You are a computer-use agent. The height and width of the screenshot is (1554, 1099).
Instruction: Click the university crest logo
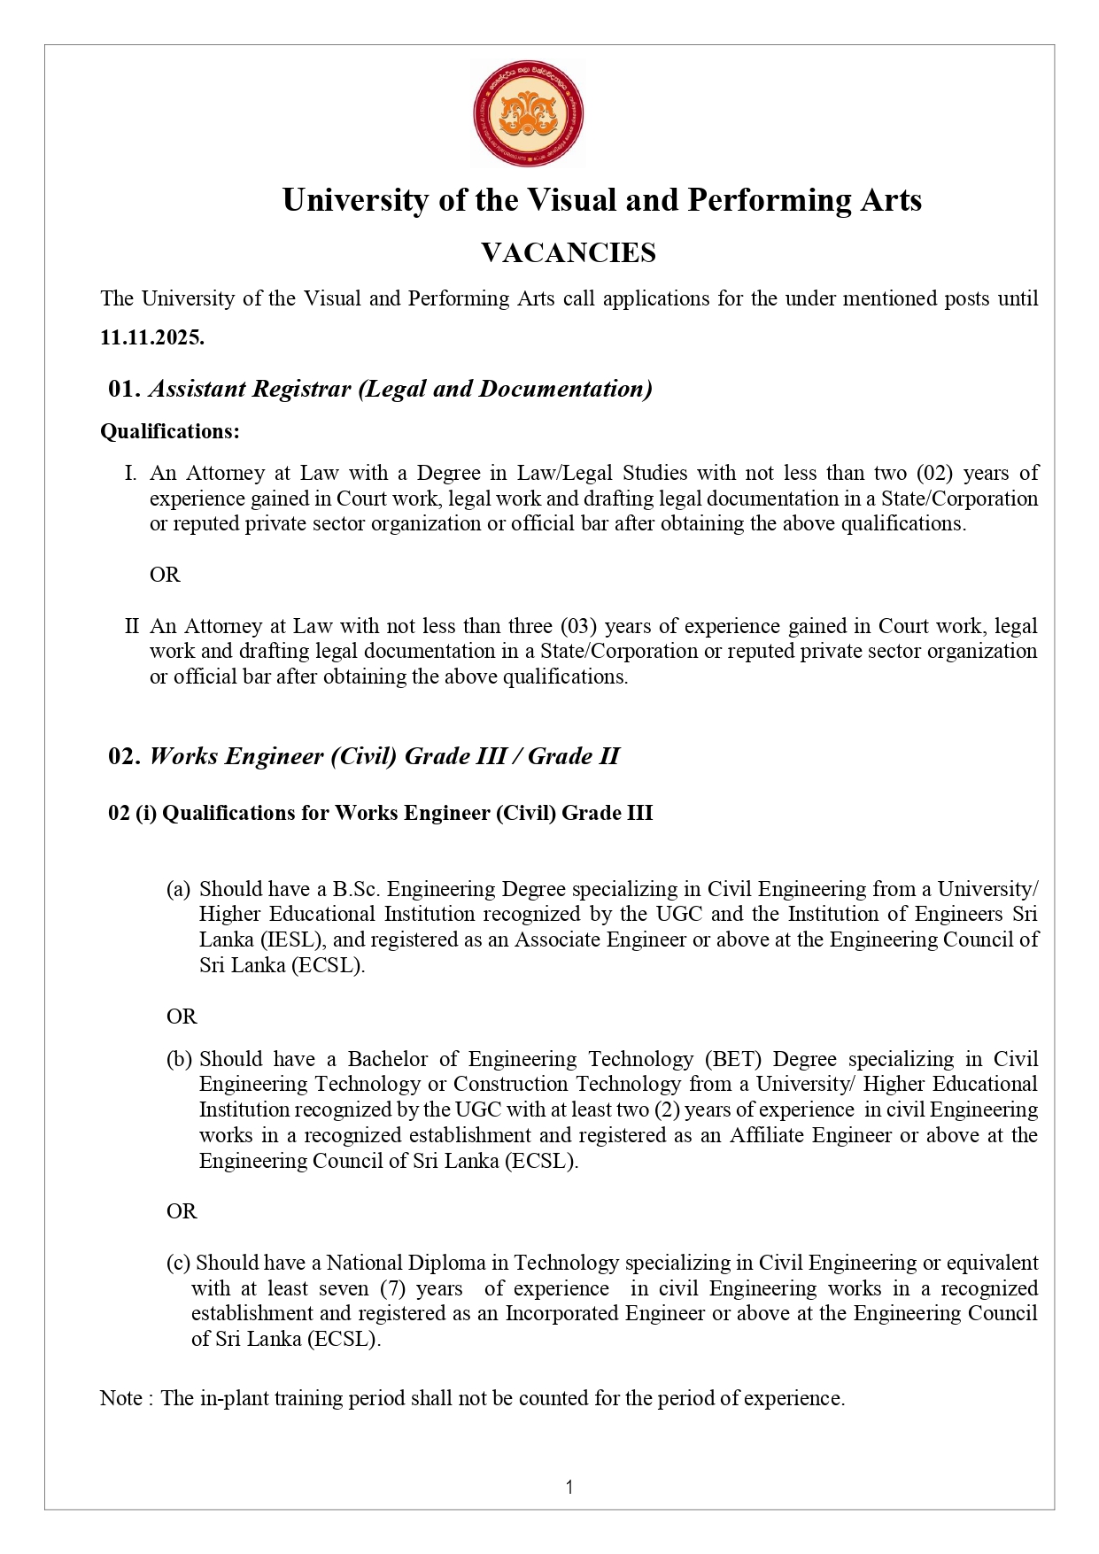coord(528,114)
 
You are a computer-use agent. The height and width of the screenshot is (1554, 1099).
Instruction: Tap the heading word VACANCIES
coord(568,253)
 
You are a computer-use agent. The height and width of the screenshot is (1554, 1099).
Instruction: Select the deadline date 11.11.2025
coord(152,337)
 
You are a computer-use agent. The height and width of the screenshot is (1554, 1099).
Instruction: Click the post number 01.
coord(124,389)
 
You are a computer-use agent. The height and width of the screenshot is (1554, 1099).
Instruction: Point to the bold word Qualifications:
coord(170,431)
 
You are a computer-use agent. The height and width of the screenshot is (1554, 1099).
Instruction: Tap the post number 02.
coord(124,756)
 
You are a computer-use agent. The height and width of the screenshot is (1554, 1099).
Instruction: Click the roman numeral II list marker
coord(132,626)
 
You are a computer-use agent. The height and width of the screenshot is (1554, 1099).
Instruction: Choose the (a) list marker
coord(179,889)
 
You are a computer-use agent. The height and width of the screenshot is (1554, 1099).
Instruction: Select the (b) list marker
coord(179,1059)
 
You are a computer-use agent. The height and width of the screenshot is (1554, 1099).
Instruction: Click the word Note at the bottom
coord(121,1398)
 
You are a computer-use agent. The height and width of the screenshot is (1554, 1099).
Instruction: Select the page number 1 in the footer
coord(569,1488)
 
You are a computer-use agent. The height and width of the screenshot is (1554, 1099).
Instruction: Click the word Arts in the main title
coord(891,200)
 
